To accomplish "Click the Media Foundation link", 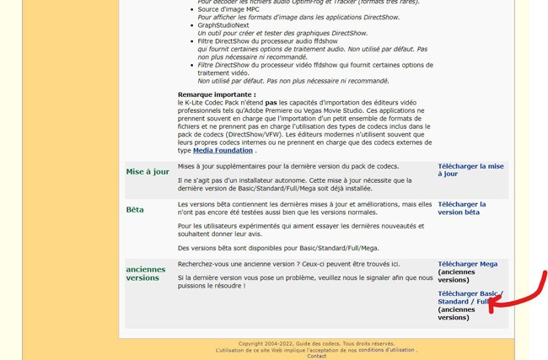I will [223, 150].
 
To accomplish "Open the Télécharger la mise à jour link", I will [470, 169].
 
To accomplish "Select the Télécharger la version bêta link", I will [461, 207].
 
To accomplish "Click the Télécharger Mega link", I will [467, 264].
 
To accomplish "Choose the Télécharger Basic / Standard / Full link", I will [470, 297].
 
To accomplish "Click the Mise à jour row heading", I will [148, 171].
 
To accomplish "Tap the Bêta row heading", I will [135, 209].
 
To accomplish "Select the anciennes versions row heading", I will [146, 273].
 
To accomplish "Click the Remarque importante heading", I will [217, 94].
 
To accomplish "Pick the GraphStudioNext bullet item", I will [223, 25].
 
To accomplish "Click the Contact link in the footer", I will [317, 356].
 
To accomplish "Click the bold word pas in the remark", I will [271, 102].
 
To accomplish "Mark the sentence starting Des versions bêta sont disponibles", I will [278, 248].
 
